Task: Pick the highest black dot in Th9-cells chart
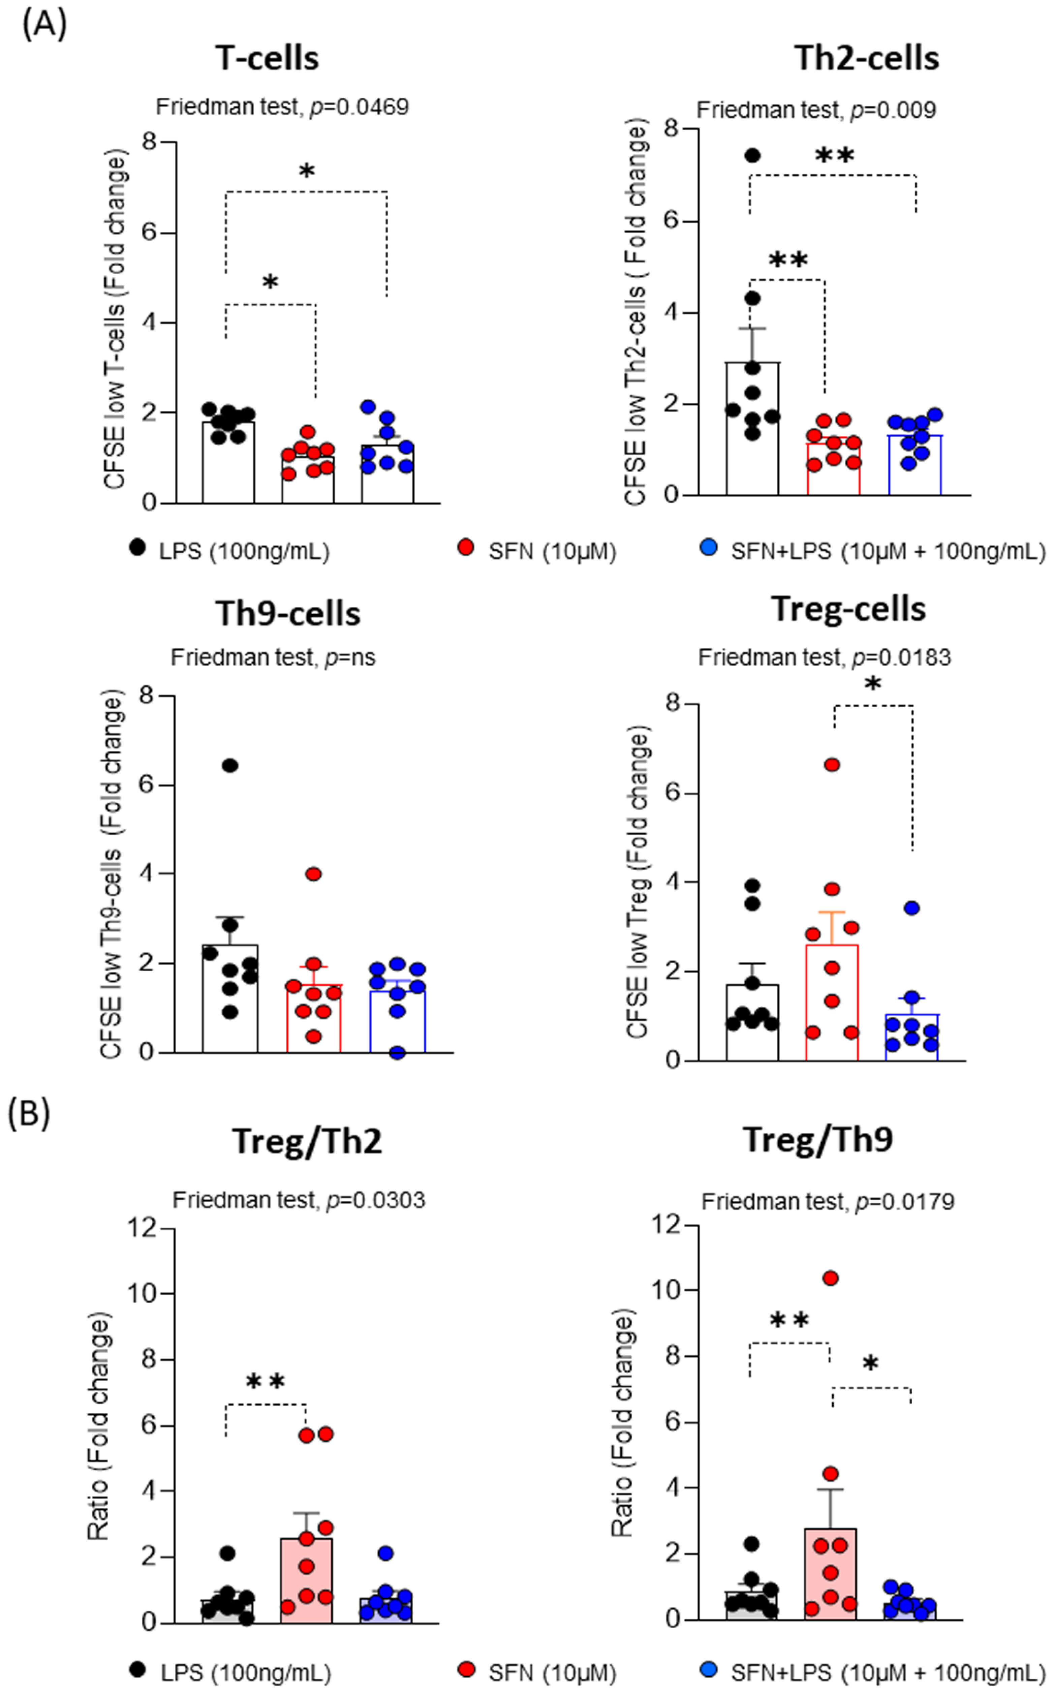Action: click(x=230, y=765)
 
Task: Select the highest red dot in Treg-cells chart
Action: click(x=832, y=765)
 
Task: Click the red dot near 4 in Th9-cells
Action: click(x=314, y=874)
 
